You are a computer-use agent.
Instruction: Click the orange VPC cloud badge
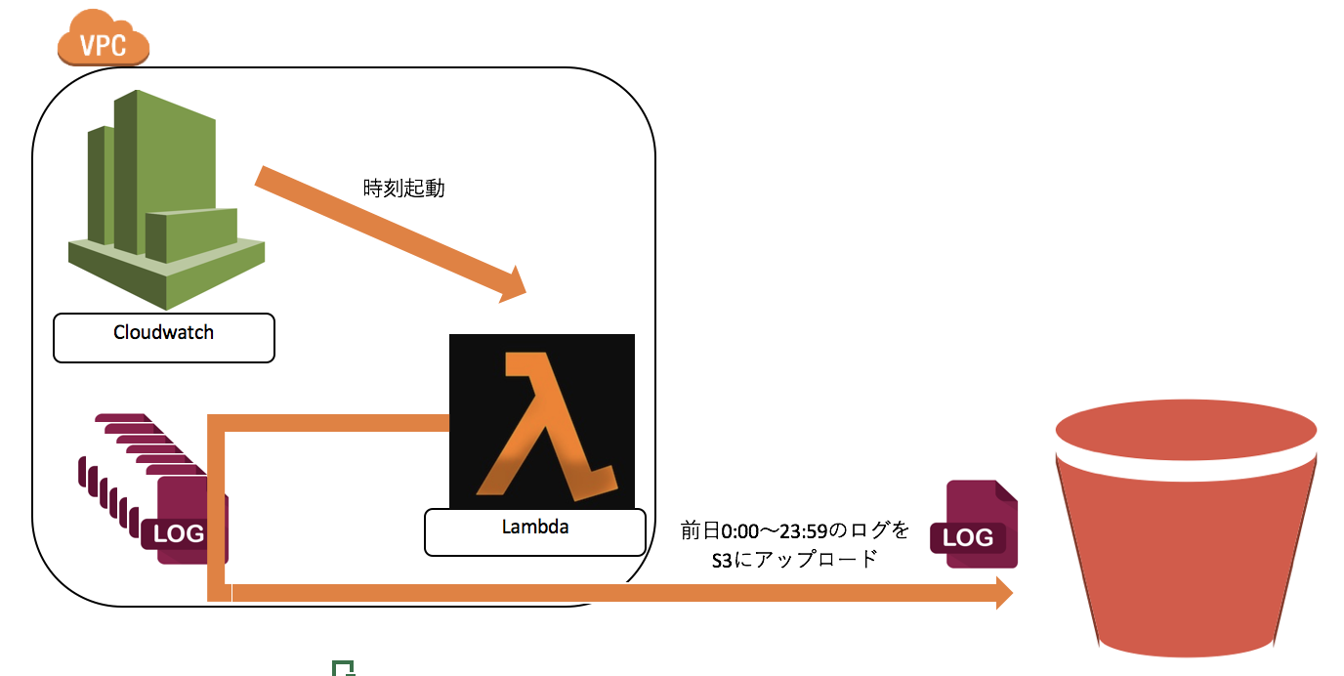click(x=103, y=41)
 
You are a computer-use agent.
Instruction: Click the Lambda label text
click(x=534, y=528)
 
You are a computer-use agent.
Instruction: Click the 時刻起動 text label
click(x=403, y=189)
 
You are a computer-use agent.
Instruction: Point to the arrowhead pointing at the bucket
click(x=1003, y=592)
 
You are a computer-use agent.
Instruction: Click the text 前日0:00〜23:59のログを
click(x=795, y=531)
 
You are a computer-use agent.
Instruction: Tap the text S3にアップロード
click(x=795, y=561)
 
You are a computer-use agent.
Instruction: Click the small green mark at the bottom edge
click(x=342, y=668)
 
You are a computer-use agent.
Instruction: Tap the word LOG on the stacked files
click(x=179, y=533)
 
